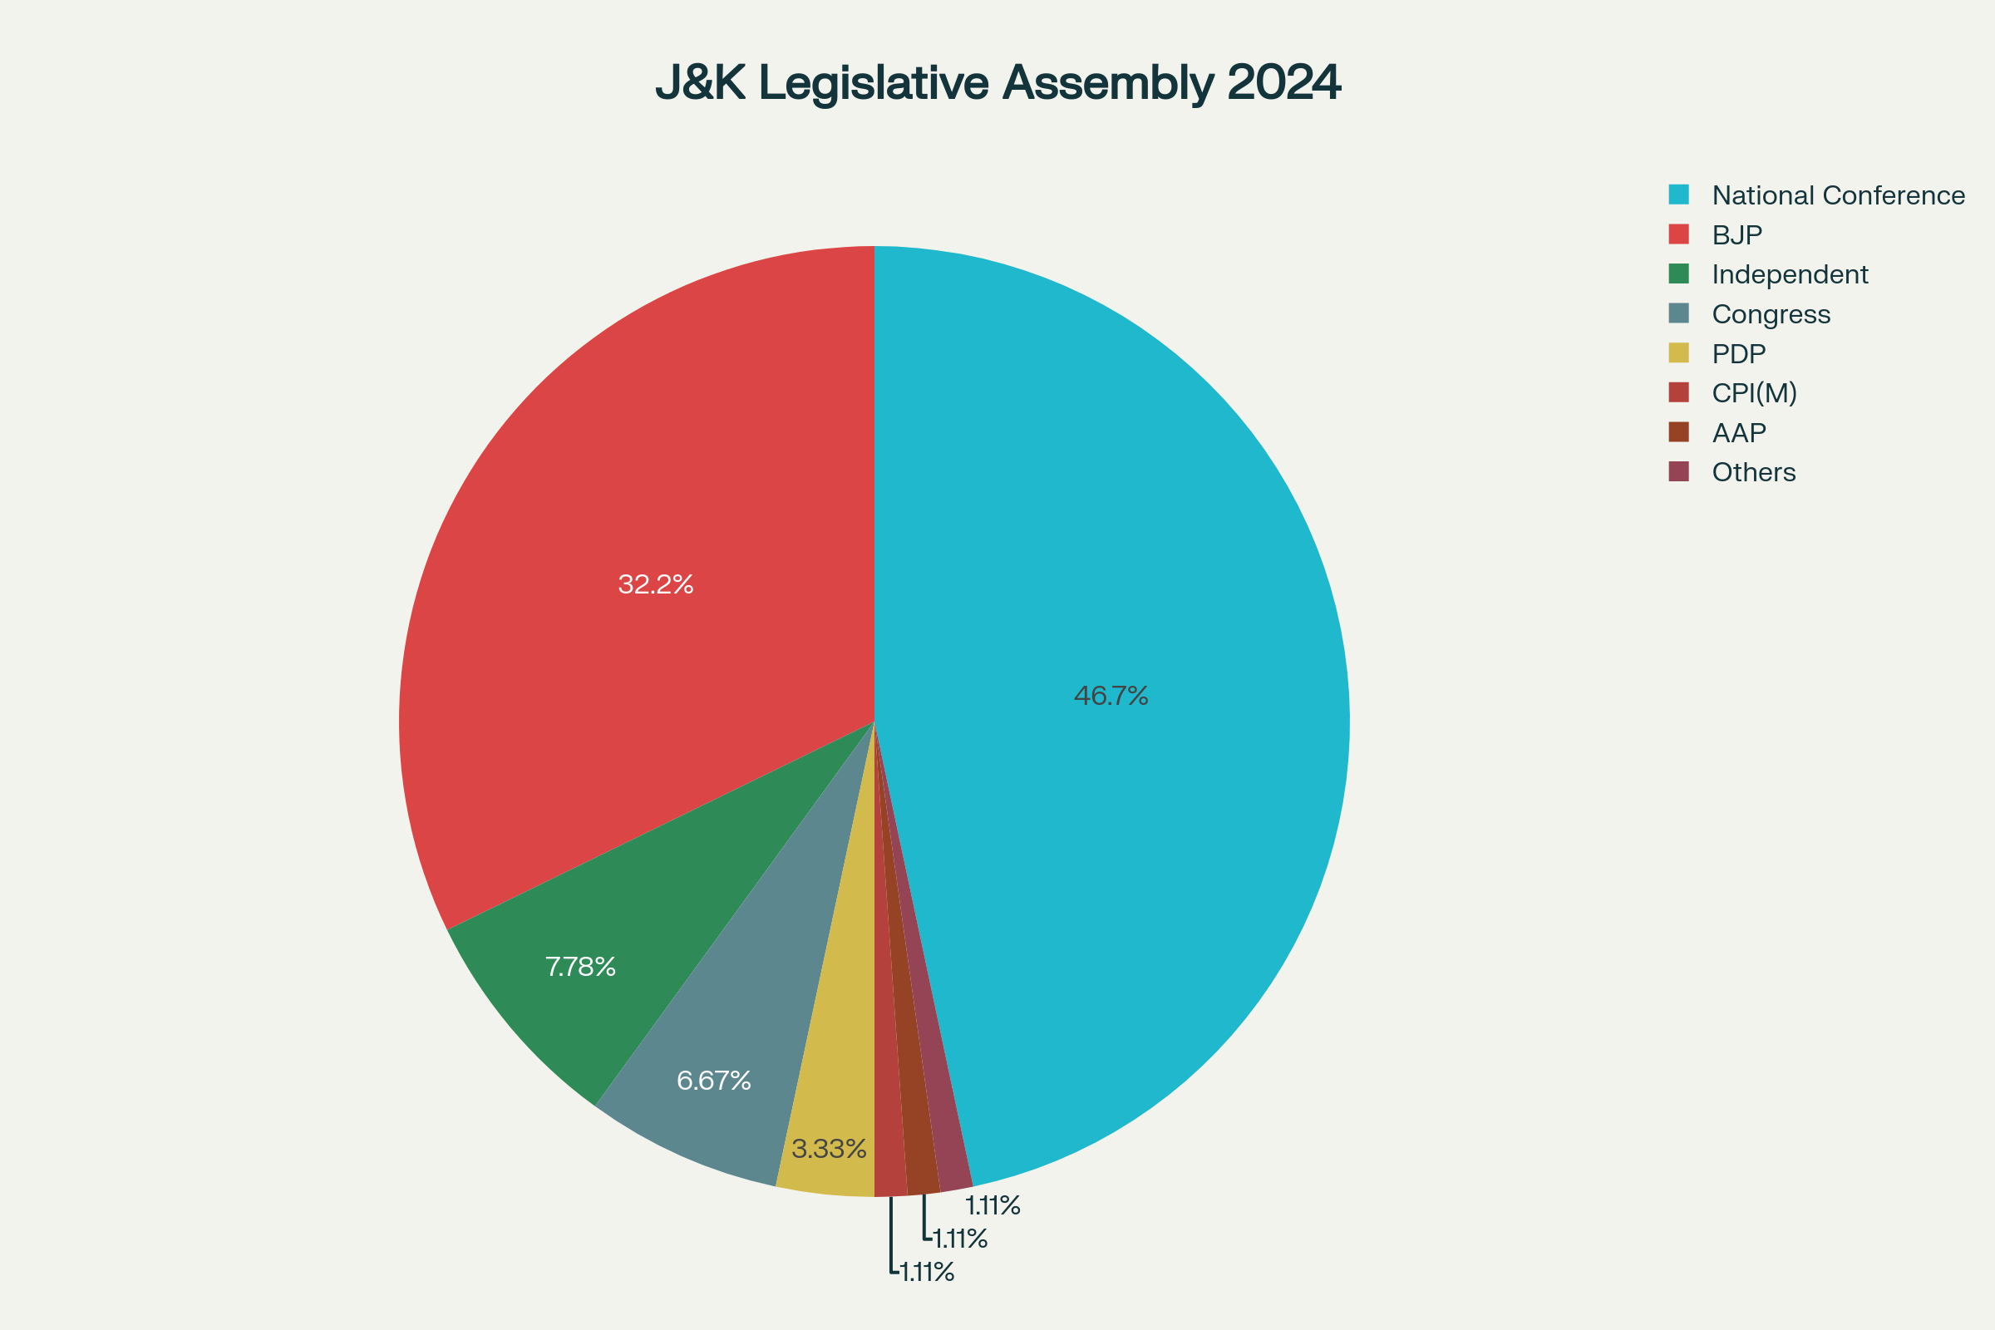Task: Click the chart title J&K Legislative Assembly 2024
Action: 997,83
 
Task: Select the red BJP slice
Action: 645,509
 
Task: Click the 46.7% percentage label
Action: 1111,697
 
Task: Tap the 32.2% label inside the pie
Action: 656,584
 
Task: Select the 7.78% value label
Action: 580,967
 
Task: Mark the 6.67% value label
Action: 713,1081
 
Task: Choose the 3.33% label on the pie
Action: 829,1150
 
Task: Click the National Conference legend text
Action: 1838,196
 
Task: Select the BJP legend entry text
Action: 1737,235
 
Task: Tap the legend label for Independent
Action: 1790,275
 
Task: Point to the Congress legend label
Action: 1771,315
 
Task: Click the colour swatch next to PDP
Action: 1678,352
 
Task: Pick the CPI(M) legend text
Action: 1754,393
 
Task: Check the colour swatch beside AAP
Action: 1678,431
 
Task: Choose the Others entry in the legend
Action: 1753,472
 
